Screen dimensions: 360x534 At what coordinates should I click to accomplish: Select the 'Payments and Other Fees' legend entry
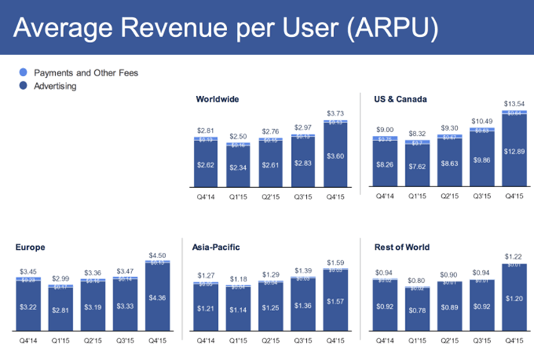click(x=91, y=73)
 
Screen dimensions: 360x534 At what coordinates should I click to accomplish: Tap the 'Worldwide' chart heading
click(x=217, y=99)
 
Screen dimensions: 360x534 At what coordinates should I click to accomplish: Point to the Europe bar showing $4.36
click(x=157, y=299)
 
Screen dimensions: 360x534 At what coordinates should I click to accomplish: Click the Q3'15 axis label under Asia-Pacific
click(x=302, y=340)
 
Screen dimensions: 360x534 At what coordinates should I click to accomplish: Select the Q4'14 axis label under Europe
click(x=29, y=340)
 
